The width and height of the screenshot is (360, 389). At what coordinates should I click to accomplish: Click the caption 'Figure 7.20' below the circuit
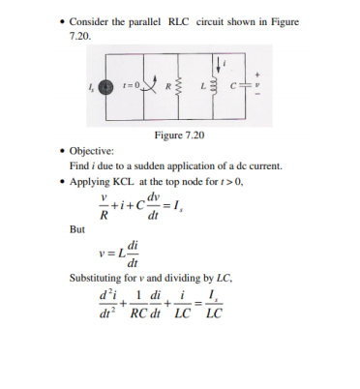tap(179, 134)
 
